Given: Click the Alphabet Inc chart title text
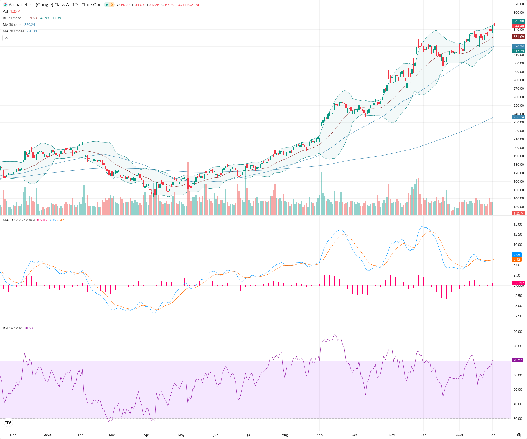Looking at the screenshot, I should click(x=55, y=5).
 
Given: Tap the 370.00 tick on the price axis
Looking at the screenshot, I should click(x=518, y=4).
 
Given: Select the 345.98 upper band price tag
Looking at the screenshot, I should click(x=518, y=21).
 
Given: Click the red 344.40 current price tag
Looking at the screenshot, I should click(x=518, y=26).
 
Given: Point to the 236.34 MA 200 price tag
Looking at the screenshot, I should click(x=518, y=117).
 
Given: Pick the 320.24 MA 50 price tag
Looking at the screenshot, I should click(x=518, y=46).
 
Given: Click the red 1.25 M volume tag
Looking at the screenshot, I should click(x=518, y=213).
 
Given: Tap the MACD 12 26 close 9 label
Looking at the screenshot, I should click(x=19, y=220).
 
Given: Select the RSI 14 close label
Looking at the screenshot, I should click(x=12, y=328).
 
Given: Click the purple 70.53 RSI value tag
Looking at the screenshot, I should click(x=518, y=360).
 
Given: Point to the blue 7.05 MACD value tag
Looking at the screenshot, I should click(x=517, y=255).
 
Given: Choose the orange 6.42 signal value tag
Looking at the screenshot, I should click(x=517, y=260).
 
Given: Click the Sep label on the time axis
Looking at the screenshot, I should click(x=319, y=435).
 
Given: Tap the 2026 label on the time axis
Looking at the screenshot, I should click(x=459, y=435).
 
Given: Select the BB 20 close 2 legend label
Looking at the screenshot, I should click(x=13, y=18).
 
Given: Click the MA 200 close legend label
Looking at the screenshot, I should click(x=13, y=31).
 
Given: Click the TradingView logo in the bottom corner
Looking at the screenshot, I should click(x=9, y=422).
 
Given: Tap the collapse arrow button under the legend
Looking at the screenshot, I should click(x=6, y=38).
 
